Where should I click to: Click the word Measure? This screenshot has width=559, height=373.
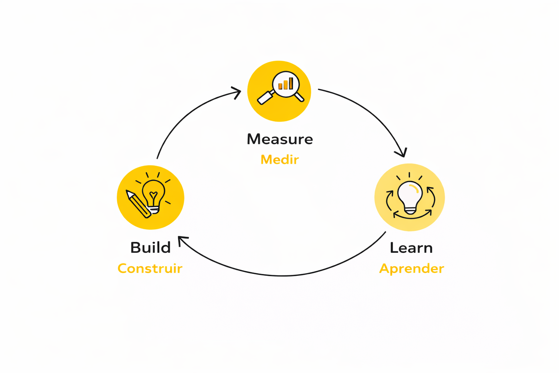(x=279, y=139)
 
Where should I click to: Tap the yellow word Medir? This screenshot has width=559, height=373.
(x=279, y=160)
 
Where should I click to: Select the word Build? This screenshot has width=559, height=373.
(x=150, y=248)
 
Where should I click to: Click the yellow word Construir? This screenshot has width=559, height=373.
(x=150, y=268)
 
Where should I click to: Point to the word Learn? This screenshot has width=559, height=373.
(x=411, y=248)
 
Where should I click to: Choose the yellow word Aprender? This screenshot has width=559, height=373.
(x=411, y=268)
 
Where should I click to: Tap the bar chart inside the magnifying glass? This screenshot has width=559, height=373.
(x=286, y=84)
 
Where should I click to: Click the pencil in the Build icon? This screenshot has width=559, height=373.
(x=138, y=204)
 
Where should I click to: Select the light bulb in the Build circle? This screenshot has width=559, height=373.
(x=154, y=193)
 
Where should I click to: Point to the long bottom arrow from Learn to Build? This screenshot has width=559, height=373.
(x=284, y=275)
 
